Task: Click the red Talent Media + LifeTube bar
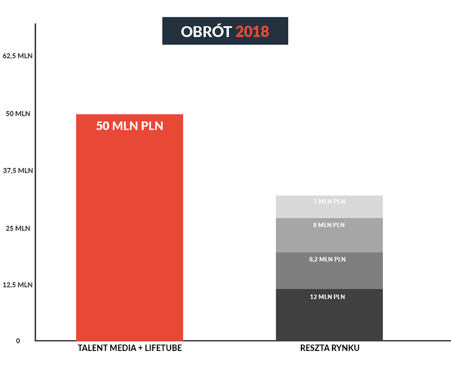[x=130, y=228]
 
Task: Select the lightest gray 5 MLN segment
[x=329, y=207]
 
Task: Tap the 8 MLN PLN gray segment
[x=329, y=235]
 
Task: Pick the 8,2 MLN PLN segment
[x=329, y=271]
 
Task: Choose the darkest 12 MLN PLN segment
[x=329, y=315]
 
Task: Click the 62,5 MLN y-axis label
[x=17, y=56]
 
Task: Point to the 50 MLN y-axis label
[x=18, y=113]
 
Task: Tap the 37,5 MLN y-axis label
[x=18, y=170]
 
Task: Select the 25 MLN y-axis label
[x=18, y=228]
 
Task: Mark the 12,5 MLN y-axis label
[x=17, y=285]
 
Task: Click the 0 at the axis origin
[x=18, y=341]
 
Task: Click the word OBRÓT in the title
[x=206, y=31]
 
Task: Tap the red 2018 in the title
[x=252, y=32]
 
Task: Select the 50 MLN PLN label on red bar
[x=130, y=126]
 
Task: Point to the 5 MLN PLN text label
[x=329, y=201]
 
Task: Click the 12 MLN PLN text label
[x=327, y=297]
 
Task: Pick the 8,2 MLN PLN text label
[x=327, y=260]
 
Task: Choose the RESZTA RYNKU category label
[x=330, y=348]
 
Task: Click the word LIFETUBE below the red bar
[x=163, y=348]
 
